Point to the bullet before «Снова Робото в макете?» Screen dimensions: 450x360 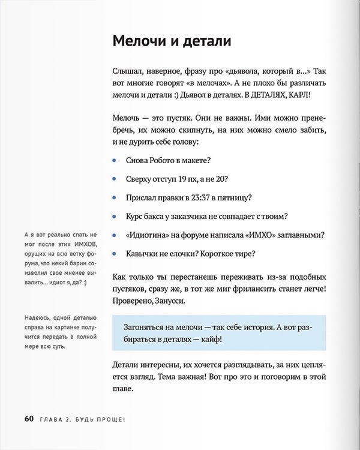115,160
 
